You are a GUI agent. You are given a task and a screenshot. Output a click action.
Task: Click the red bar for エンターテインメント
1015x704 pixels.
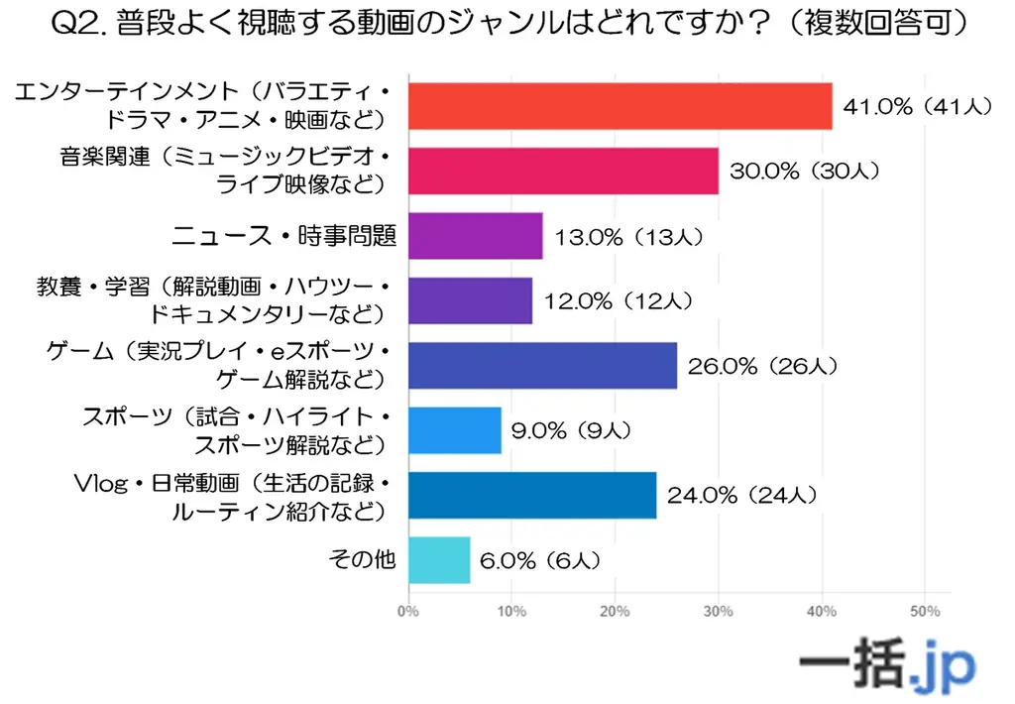620,106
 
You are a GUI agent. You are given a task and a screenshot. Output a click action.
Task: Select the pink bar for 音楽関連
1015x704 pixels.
562,171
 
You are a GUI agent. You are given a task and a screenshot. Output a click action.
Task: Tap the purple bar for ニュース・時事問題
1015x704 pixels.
475,236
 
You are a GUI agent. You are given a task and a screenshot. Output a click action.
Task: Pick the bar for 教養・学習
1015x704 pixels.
470,300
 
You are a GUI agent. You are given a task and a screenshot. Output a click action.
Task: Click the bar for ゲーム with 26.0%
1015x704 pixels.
542,366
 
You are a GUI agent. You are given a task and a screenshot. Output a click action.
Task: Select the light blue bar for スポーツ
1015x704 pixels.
454,430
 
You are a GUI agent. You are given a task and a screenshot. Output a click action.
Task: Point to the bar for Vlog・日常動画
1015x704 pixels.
531,495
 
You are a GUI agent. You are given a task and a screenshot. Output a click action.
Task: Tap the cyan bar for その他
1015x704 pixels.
438,560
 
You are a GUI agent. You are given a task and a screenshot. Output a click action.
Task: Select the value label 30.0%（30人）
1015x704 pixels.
804,171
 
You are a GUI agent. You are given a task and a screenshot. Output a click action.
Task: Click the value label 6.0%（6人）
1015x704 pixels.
539,560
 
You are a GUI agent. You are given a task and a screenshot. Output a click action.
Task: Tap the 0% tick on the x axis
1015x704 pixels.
407,611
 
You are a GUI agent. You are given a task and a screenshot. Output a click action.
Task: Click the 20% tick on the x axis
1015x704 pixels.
615,611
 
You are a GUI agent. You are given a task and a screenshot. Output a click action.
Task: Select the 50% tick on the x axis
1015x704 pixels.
924,611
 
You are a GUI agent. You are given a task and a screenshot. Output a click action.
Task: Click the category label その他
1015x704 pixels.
362,560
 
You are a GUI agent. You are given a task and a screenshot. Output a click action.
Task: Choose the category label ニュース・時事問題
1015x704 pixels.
284,236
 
